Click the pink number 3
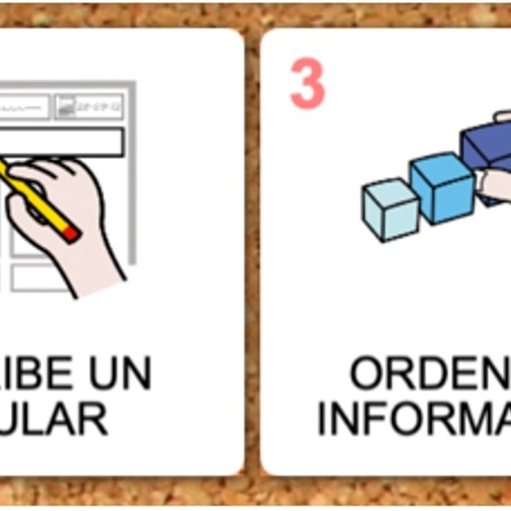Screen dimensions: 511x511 (x=308, y=85)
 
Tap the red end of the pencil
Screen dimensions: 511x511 (x=71, y=233)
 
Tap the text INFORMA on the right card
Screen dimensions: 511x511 (x=413, y=418)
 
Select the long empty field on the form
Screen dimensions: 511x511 (x=65, y=142)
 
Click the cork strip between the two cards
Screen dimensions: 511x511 (x=252, y=251)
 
